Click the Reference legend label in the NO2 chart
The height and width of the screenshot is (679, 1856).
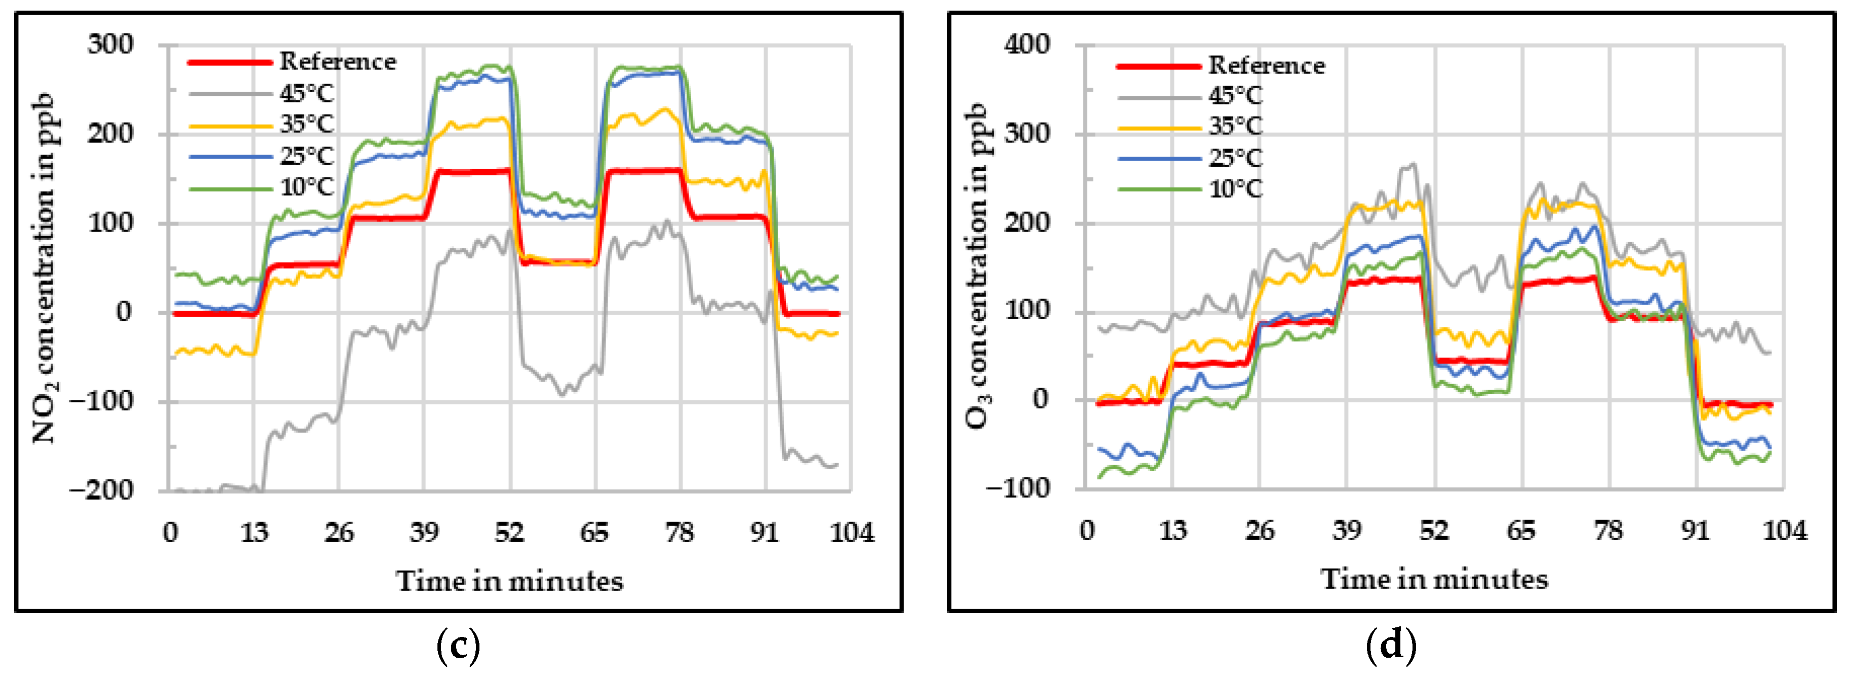pyautogui.click(x=337, y=62)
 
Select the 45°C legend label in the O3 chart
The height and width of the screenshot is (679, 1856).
pyautogui.click(x=1235, y=96)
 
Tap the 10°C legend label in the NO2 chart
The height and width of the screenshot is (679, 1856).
pyautogui.click(x=307, y=187)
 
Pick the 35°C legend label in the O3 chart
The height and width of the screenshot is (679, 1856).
pyautogui.click(x=1235, y=127)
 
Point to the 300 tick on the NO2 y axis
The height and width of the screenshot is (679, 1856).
pyautogui.click(x=110, y=45)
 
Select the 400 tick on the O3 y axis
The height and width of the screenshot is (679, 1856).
pyautogui.click(x=1027, y=45)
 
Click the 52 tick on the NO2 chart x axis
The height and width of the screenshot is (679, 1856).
pyautogui.click(x=509, y=534)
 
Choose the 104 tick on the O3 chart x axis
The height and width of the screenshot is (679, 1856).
pyautogui.click(x=1784, y=531)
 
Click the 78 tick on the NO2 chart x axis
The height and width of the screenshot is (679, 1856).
pyautogui.click(x=679, y=534)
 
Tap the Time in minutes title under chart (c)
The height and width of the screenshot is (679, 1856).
pyautogui.click(x=509, y=581)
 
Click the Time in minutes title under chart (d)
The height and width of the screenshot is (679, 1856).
pyautogui.click(x=1434, y=579)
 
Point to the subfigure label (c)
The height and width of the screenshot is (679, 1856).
pyautogui.click(x=458, y=646)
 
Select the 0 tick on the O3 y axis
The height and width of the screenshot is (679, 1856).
pyautogui.click(x=1040, y=400)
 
